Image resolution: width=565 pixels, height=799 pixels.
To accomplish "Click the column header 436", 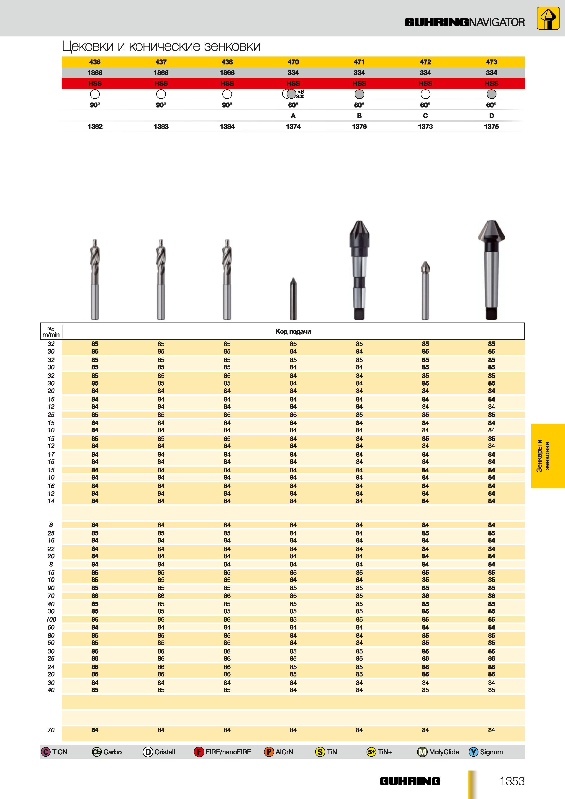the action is [x=95, y=62].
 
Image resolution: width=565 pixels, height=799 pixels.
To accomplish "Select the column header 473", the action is [x=491, y=62].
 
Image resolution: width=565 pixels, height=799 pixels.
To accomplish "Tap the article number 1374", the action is [x=293, y=127].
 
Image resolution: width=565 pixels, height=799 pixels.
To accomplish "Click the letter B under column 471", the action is [x=359, y=116].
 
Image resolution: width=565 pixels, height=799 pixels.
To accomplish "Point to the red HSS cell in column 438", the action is [x=227, y=84].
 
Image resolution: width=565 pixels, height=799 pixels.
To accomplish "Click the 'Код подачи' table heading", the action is [x=293, y=332].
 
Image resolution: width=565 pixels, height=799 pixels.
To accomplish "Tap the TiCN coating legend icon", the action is [x=46, y=752].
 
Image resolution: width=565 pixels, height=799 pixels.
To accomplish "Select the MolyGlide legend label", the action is [x=444, y=752].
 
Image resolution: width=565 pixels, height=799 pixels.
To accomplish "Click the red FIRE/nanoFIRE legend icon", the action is [x=199, y=752].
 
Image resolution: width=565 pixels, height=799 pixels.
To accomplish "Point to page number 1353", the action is [x=512, y=781].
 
